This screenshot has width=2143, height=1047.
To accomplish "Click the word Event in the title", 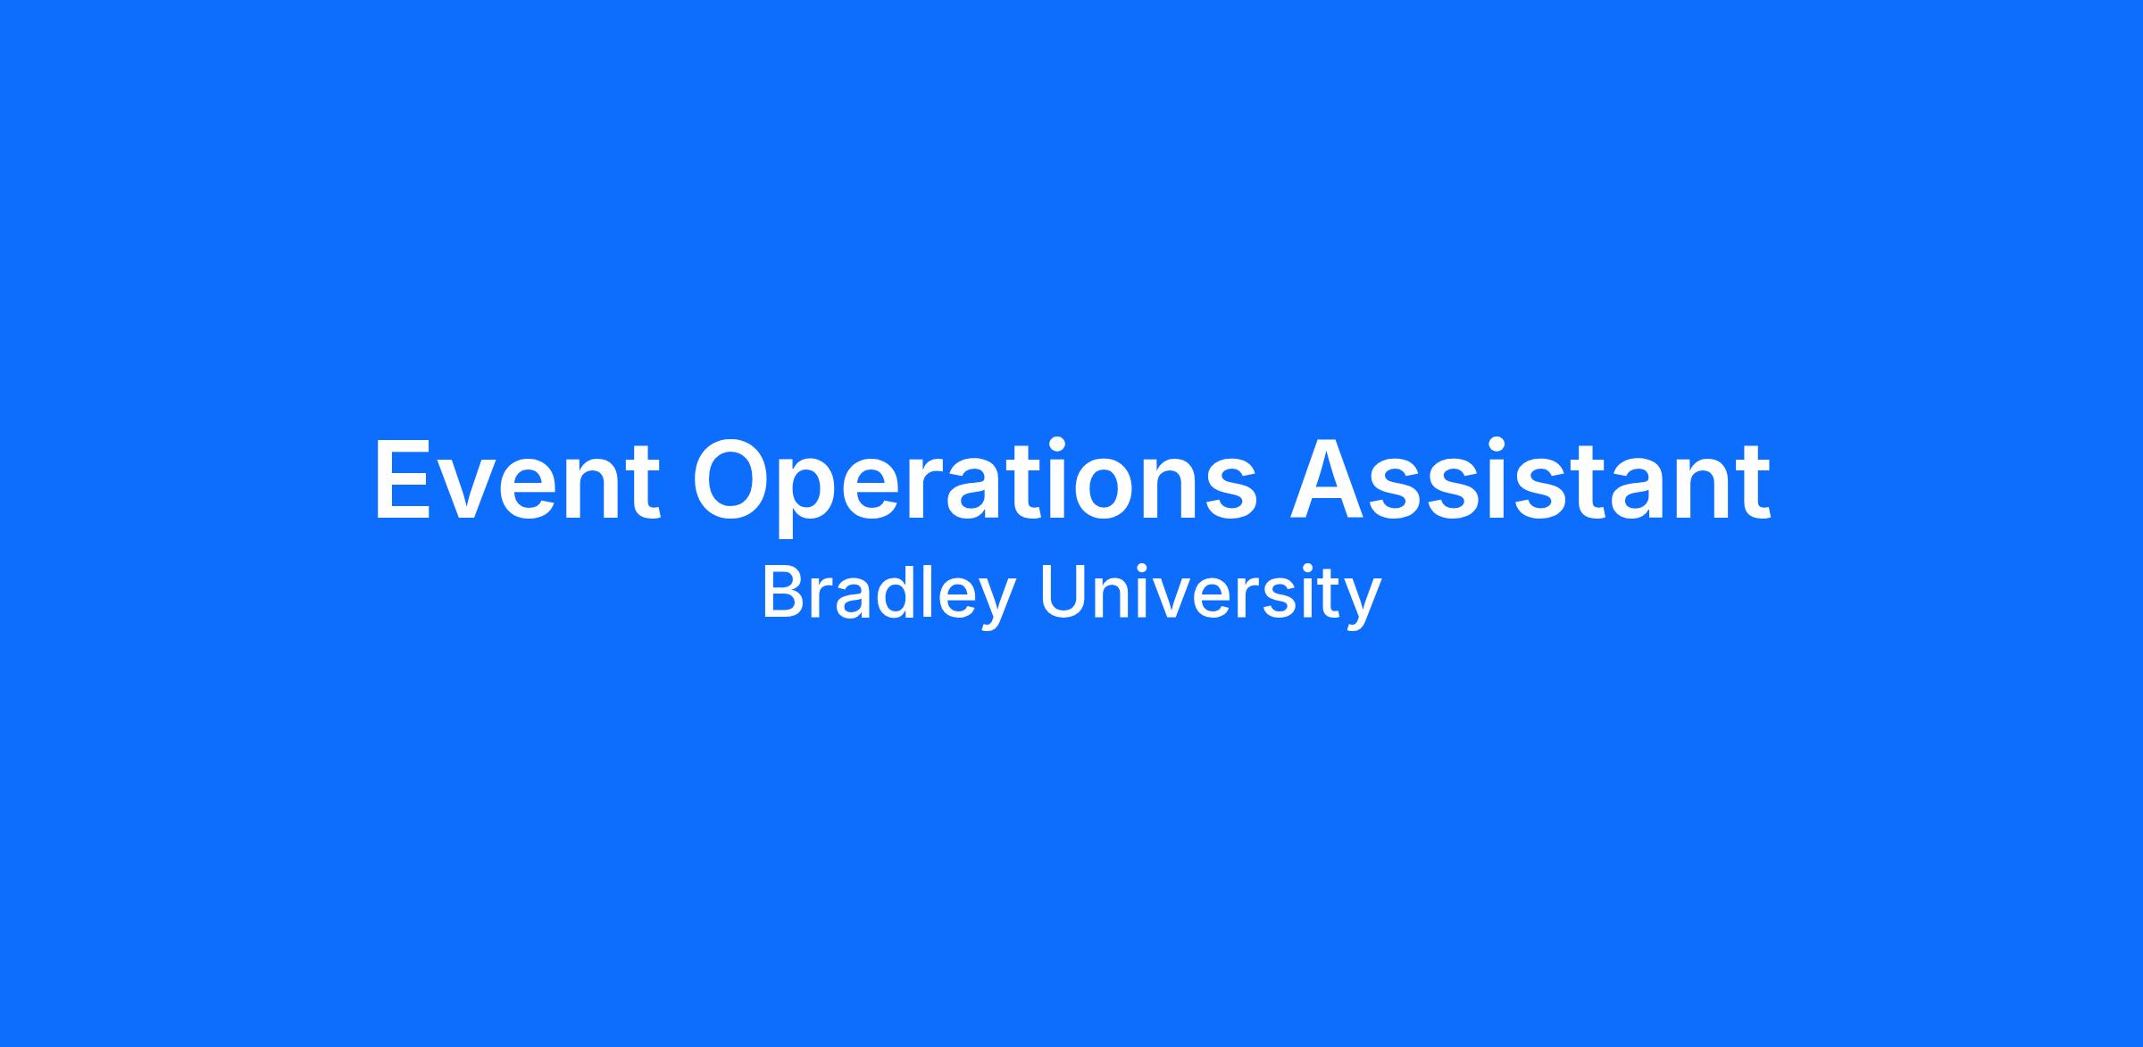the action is [x=517, y=479].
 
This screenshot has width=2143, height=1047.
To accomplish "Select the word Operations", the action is [x=974, y=486].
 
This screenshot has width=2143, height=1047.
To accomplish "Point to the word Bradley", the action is [x=888, y=594].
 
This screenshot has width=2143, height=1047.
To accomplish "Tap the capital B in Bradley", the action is [x=783, y=593].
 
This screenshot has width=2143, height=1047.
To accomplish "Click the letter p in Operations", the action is [x=818, y=499].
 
